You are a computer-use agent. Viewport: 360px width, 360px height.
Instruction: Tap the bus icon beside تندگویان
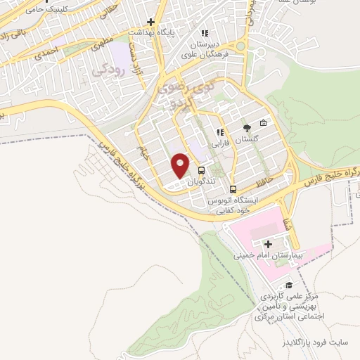pos(202,171)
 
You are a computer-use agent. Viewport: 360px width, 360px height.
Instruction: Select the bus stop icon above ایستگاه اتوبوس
pos(233,189)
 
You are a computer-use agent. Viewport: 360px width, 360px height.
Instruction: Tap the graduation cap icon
pos(289,285)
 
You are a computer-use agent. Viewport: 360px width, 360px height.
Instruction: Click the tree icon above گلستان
pos(246,128)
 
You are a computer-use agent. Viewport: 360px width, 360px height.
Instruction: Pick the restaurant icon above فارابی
pos(220,131)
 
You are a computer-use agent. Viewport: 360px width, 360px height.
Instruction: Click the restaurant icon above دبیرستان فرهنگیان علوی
pos(205,32)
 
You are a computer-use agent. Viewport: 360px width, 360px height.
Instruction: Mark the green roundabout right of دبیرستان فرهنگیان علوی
pos(240,46)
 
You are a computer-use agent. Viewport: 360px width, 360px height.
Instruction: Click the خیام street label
pos(144,151)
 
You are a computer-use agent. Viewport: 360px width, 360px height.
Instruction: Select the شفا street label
pos(286,224)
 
